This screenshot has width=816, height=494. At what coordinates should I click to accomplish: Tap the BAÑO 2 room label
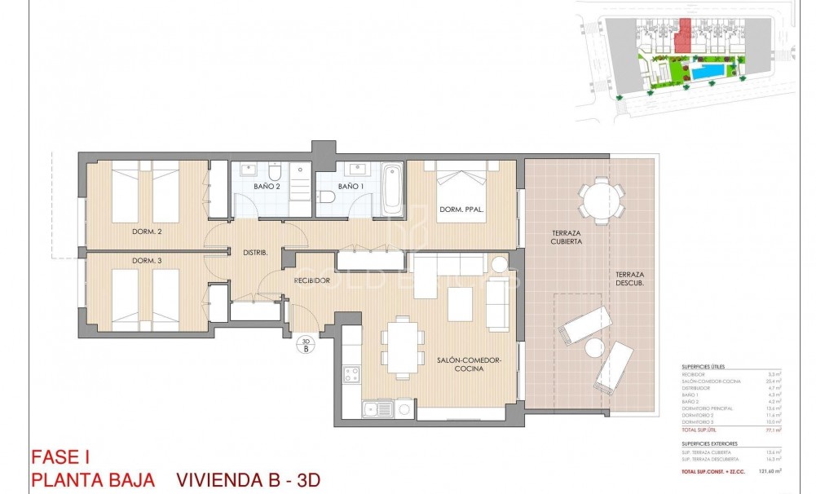click(267, 187)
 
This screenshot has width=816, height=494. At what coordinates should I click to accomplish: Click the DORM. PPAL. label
click(461, 210)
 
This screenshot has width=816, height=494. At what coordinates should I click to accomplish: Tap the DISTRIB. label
click(255, 253)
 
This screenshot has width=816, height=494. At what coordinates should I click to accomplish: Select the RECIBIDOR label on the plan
click(312, 280)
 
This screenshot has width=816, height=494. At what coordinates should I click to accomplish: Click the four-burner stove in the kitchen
click(352, 374)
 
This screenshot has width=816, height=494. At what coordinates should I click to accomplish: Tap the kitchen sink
click(378, 409)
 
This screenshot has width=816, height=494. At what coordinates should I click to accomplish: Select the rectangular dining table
click(404, 347)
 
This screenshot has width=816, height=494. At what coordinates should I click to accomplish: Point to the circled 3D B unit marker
click(306, 345)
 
